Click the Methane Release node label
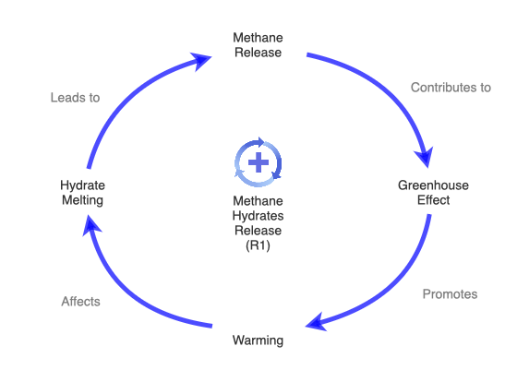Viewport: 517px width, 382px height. click(258, 44)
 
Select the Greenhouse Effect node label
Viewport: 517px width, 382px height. click(433, 193)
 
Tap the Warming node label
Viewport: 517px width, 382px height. click(258, 340)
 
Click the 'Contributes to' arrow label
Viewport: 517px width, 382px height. click(451, 88)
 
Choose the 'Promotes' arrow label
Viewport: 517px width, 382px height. click(450, 294)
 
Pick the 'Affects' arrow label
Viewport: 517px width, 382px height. click(80, 301)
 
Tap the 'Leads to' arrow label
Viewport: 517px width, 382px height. click(75, 97)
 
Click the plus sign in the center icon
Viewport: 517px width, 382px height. click(258, 162)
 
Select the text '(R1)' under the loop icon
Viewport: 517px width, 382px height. click(258, 246)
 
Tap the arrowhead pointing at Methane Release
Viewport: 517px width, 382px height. click(199, 62)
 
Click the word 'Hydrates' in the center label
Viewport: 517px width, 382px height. click(258, 217)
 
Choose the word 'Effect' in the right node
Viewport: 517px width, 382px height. click(433, 200)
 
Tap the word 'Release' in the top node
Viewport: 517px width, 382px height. click(258, 52)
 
